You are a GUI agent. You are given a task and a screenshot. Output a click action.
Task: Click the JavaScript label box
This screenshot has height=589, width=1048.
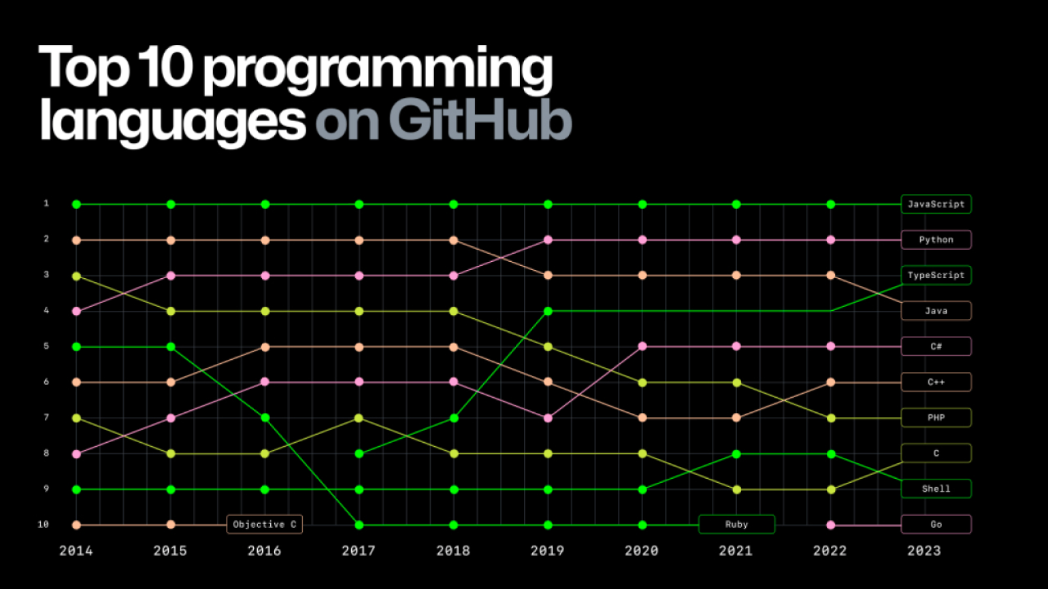click(936, 204)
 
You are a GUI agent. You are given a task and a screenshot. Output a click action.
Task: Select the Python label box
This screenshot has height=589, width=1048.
click(936, 240)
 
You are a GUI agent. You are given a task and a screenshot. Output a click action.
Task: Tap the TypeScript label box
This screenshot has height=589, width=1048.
click(936, 275)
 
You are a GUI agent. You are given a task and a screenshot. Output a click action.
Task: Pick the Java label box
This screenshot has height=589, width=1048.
click(936, 311)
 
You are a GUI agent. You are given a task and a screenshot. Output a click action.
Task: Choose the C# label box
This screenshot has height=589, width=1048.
click(936, 346)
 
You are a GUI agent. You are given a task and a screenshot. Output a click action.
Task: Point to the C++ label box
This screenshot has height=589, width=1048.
click(936, 382)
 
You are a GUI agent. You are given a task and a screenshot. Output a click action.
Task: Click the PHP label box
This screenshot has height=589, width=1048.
click(936, 418)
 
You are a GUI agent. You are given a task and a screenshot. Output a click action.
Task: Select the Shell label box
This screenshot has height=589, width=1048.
click(936, 489)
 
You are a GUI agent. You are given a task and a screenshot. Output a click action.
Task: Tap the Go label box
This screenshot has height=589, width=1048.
click(936, 524)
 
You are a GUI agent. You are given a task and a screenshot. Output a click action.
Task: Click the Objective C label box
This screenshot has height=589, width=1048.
click(265, 524)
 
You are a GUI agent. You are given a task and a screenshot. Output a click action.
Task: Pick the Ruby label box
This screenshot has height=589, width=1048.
click(737, 524)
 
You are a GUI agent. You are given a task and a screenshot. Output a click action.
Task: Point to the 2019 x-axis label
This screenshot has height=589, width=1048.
click(547, 551)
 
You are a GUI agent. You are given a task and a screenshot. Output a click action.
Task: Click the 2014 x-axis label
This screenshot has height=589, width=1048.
click(76, 551)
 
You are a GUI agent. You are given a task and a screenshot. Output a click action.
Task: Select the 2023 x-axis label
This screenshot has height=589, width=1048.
click(924, 551)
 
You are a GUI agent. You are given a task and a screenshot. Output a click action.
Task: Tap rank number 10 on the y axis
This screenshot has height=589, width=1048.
click(43, 524)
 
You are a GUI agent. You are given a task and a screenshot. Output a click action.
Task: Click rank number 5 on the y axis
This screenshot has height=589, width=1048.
click(46, 346)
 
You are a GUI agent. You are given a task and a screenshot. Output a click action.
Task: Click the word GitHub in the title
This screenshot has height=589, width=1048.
click(480, 120)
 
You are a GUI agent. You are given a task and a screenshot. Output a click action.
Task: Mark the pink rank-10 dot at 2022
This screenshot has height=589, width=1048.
click(831, 525)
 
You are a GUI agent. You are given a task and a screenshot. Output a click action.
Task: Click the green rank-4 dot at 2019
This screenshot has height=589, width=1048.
click(548, 311)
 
